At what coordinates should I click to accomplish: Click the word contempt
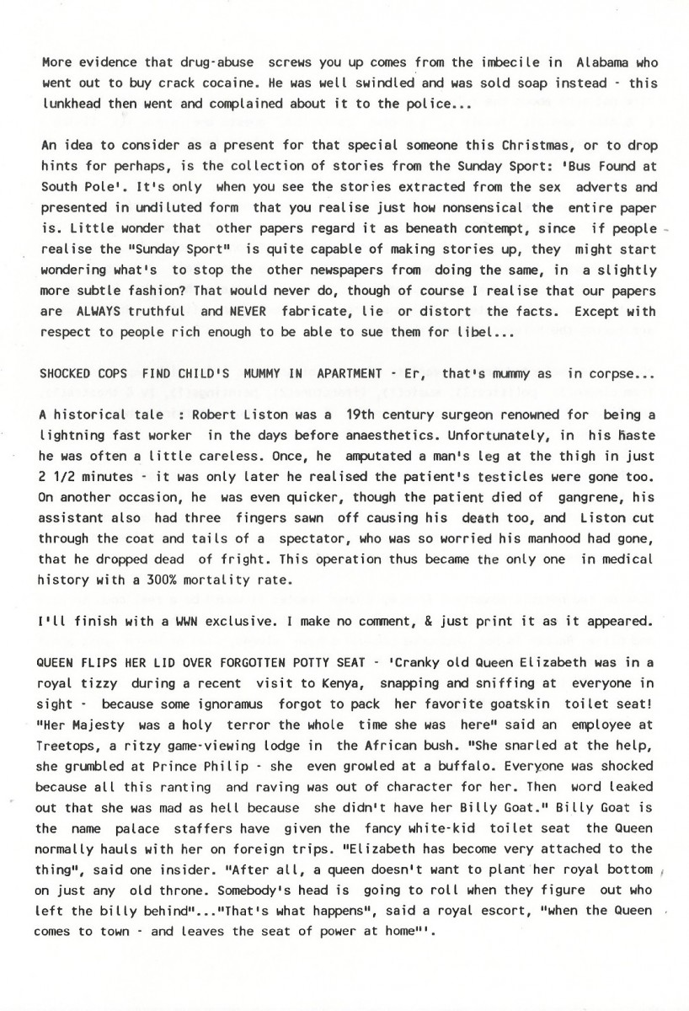521,228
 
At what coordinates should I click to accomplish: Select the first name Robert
217,415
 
